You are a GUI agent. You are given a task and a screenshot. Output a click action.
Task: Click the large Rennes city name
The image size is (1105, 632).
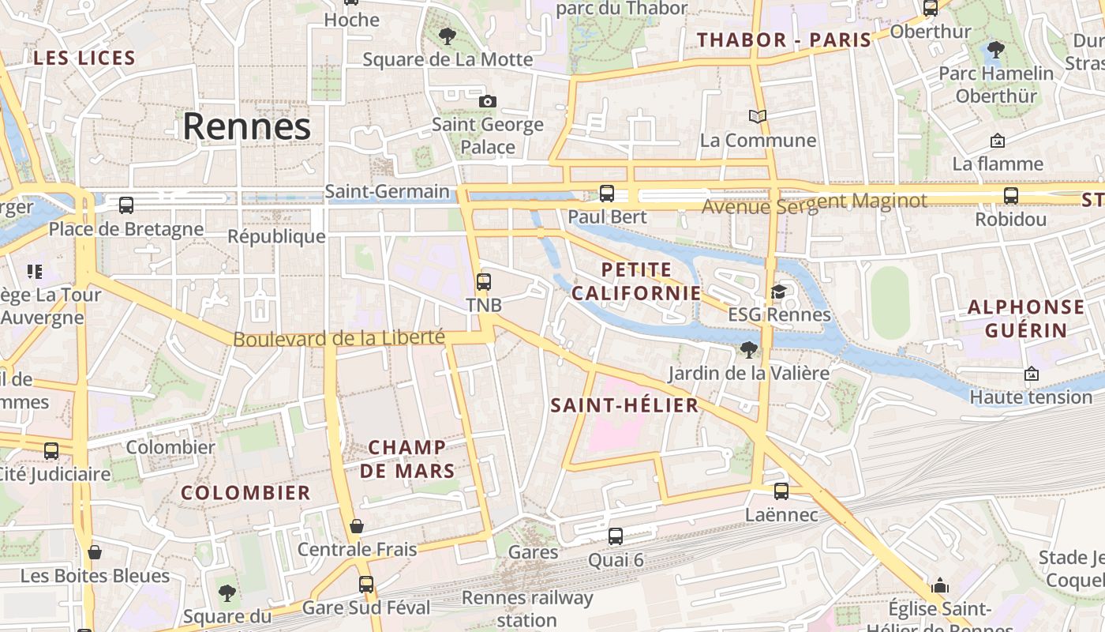click(246, 126)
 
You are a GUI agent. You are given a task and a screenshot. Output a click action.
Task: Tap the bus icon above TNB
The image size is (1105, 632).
click(483, 281)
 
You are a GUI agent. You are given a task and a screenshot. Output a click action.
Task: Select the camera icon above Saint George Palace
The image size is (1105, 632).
click(488, 101)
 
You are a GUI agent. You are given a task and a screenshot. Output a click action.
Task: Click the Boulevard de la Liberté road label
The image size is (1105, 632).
click(339, 338)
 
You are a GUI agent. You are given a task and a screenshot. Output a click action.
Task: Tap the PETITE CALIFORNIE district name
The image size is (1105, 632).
click(636, 281)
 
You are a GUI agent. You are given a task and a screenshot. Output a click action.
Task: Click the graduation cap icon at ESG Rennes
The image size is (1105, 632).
click(779, 292)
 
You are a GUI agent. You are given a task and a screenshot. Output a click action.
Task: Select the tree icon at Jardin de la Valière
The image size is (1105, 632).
click(748, 349)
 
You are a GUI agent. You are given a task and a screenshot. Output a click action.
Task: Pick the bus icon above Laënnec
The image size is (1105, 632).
click(781, 491)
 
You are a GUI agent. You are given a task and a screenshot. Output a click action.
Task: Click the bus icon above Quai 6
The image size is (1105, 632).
click(616, 536)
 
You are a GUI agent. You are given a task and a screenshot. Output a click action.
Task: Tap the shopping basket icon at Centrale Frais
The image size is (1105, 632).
click(357, 526)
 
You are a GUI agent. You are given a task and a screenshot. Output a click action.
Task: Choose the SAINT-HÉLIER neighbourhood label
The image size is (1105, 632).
click(624, 406)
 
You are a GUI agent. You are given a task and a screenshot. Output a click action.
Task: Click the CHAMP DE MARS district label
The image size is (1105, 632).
click(408, 459)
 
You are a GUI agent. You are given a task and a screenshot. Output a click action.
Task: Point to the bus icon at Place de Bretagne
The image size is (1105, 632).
click(126, 205)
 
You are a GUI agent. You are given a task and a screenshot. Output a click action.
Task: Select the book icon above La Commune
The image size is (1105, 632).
click(758, 117)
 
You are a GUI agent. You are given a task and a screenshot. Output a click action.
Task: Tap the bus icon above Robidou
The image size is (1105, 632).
click(1011, 196)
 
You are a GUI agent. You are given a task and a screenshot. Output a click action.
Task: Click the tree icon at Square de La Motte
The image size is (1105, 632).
click(448, 36)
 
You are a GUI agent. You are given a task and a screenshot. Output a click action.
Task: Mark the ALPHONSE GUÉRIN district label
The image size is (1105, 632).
click(1026, 318)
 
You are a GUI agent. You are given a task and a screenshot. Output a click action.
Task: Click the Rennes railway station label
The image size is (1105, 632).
click(527, 608)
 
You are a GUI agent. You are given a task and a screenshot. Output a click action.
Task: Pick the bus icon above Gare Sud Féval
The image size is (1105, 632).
click(366, 585)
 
